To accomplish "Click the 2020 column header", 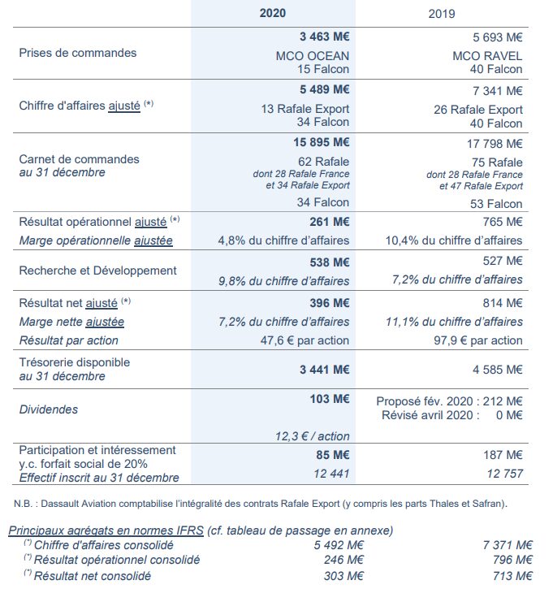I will coord(273,14).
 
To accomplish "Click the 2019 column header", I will coord(442,14).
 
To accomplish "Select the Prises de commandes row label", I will coord(78,53).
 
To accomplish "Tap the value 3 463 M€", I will coord(325,37).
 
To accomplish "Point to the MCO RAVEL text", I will coord(487,56).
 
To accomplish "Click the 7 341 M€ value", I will coord(498,90).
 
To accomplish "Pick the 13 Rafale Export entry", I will coord(305,109).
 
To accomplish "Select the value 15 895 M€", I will coord(322,143).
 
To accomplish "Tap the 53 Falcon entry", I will coord(495,203).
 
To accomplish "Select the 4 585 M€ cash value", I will coord(498,369).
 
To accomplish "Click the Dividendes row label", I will coord(49,409).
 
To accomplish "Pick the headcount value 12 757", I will coord(503,474).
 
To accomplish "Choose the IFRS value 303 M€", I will coord(341,576).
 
